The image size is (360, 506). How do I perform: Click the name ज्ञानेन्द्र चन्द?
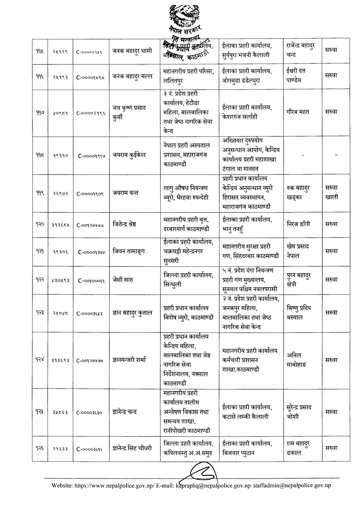(129, 412)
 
